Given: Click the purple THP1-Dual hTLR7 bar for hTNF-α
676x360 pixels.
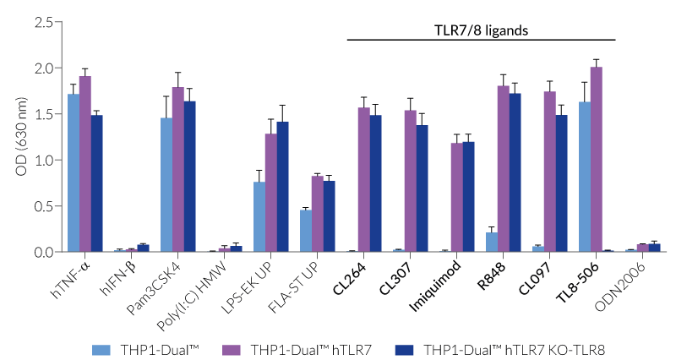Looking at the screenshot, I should [x=84, y=164].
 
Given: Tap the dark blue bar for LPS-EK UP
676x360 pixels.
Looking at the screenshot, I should [x=282, y=187].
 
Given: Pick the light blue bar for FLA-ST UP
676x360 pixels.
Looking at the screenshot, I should [x=306, y=231].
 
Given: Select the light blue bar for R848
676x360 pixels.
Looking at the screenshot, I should [x=492, y=242].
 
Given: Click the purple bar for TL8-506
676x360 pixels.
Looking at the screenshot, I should [x=597, y=160].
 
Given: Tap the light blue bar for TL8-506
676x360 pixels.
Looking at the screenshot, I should [x=585, y=177].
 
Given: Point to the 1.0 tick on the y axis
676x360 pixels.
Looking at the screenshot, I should [x=44, y=160].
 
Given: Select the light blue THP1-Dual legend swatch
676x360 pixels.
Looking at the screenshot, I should [x=102, y=348].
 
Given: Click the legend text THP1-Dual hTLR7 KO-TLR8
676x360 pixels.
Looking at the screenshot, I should [x=504, y=348].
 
